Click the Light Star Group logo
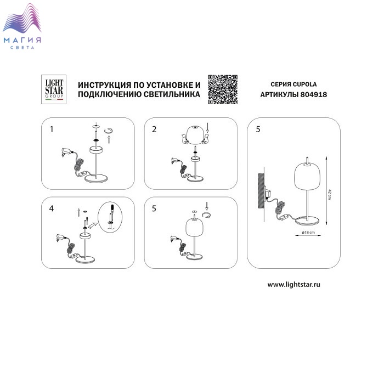(x=54, y=89)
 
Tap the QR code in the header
(x=223, y=89)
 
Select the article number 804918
(x=313, y=94)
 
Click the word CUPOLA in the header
(x=304, y=84)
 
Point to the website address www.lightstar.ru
(x=293, y=285)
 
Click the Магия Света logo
(x=22, y=26)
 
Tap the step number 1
(x=52, y=129)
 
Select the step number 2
(x=154, y=129)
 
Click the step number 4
(x=51, y=208)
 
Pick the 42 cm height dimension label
(x=330, y=194)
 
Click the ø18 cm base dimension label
(x=308, y=232)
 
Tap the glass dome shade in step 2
(x=195, y=135)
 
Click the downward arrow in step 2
(x=207, y=128)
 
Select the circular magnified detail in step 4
(x=110, y=217)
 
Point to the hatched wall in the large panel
(x=261, y=191)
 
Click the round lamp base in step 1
(x=96, y=178)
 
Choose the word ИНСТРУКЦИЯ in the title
(x=105, y=85)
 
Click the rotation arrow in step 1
(x=109, y=132)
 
